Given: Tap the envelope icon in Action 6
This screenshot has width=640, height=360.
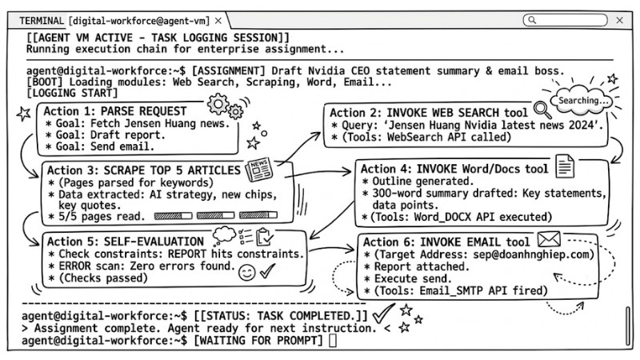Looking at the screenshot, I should click(548, 238).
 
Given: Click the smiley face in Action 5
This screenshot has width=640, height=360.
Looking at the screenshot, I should click(246, 273).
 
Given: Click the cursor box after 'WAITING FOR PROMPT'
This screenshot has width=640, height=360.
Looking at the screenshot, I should click(333, 341).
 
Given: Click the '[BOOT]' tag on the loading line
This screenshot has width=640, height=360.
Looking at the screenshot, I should click(45, 82).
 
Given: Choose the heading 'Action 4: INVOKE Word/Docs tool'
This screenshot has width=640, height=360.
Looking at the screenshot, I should click(454, 169).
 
